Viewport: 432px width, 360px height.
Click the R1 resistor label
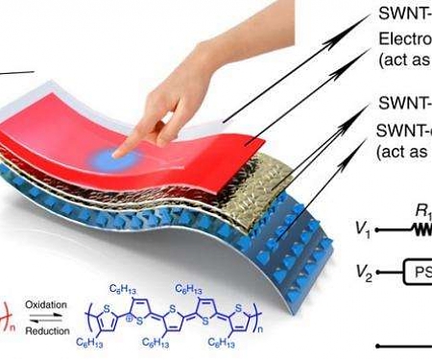(x=420, y=213)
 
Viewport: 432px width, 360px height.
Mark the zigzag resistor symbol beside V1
(x=420, y=230)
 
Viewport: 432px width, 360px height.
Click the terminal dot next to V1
(x=379, y=231)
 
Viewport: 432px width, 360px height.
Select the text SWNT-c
(x=404, y=131)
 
